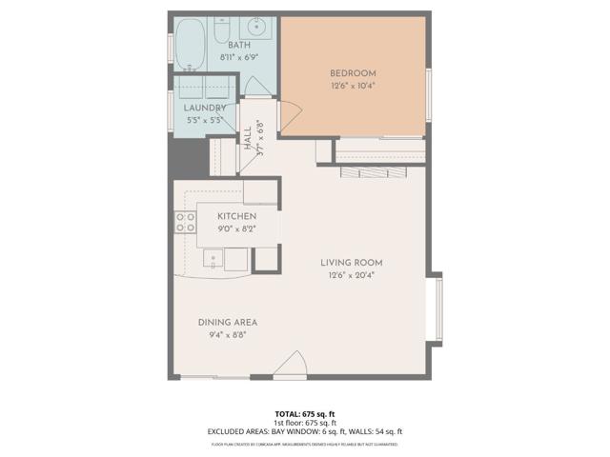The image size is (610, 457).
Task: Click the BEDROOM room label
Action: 353,73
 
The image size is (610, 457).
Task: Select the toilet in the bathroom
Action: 220,36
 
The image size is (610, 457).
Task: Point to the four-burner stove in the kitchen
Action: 185,223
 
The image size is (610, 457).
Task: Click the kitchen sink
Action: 213,257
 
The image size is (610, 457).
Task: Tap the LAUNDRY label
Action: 204,108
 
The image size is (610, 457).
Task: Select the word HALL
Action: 248,134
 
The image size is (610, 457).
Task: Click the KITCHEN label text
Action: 236,216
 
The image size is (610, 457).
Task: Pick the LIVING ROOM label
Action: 345,263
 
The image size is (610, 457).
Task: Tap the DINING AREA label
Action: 228,322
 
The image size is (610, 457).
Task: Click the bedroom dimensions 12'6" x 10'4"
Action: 353,86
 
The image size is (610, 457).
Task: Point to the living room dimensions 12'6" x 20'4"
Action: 345,276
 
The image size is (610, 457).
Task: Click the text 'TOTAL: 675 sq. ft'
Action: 305,414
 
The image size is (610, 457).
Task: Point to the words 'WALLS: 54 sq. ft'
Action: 375,431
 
